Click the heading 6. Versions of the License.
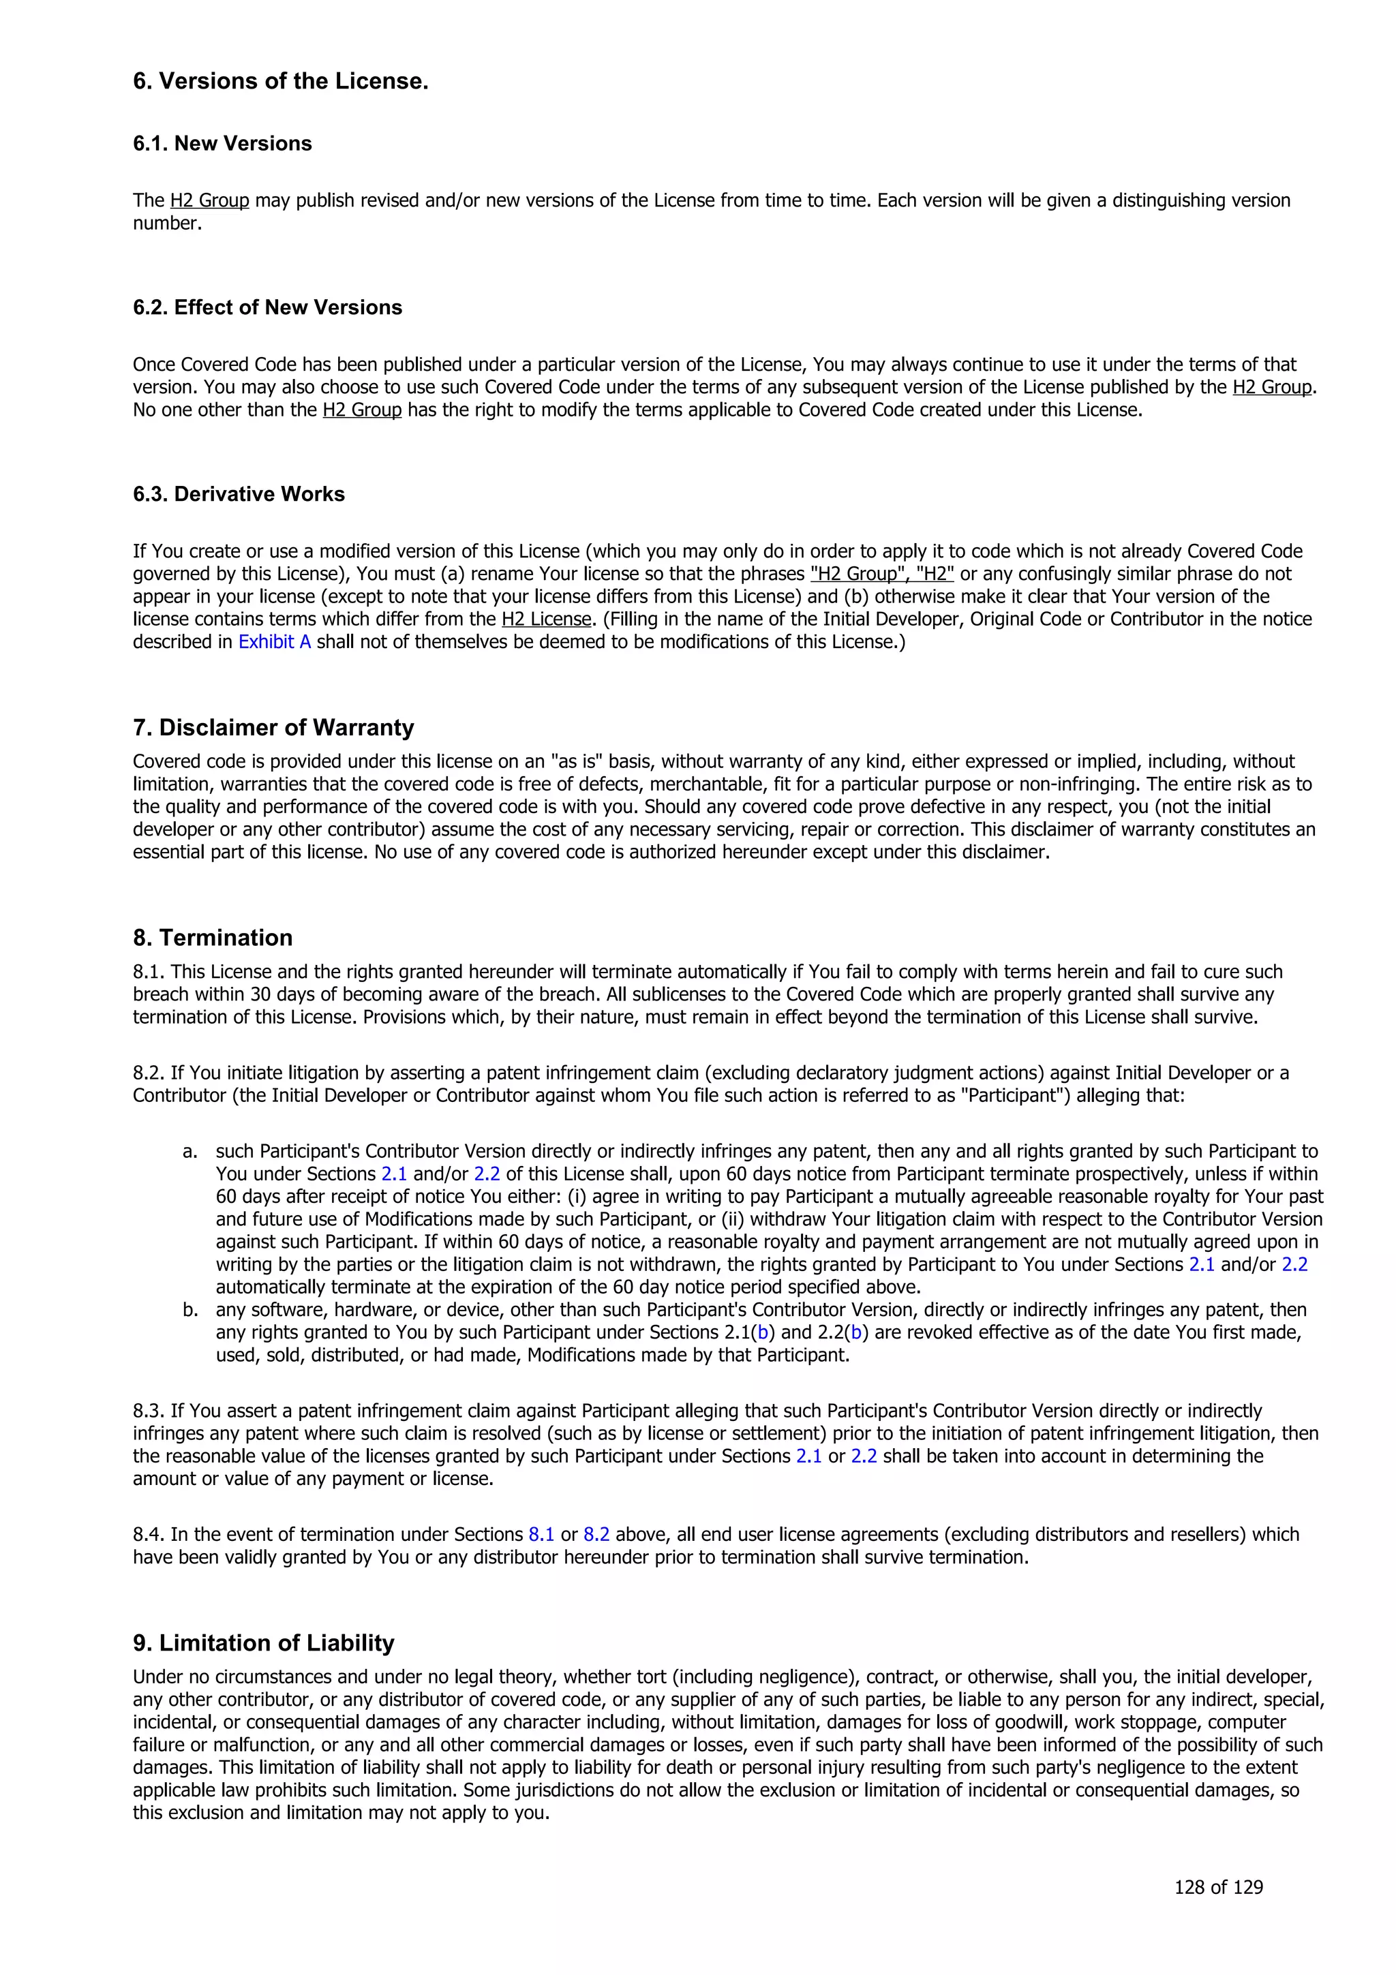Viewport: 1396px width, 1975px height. (x=280, y=82)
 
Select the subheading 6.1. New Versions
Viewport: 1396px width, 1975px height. (x=222, y=144)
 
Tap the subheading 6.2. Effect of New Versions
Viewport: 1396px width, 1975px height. (x=267, y=308)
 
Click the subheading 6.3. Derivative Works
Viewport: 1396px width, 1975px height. (x=239, y=495)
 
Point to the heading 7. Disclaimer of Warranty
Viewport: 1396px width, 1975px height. (x=273, y=728)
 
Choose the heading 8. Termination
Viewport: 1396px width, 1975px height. (x=213, y=938)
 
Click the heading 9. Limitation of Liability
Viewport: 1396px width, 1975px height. (x=263, y=1643)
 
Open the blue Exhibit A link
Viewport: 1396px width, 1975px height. (x=275, y=642)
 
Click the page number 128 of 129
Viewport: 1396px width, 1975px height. (x=1218, y=1887)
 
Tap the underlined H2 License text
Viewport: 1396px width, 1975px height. (x=546, y=619)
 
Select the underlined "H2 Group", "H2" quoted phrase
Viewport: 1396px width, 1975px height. (x=881, y=574)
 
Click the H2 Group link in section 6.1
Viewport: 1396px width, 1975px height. (x=209, y=200)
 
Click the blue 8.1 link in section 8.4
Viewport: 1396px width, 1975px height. (x=541, y=1535)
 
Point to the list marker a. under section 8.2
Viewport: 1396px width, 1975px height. (x=190, y=1152)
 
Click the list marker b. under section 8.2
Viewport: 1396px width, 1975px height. (x=190, y=1310)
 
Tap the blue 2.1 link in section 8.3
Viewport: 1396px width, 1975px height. (x=808, y=1456)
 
